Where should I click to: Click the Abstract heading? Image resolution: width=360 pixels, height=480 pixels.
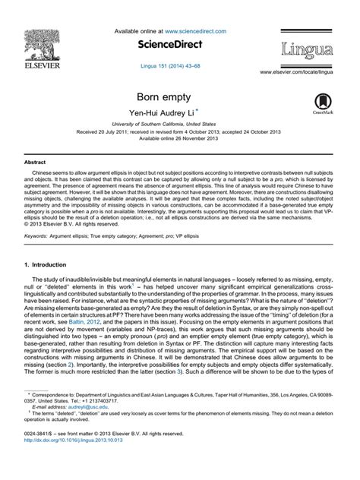[36, 163]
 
